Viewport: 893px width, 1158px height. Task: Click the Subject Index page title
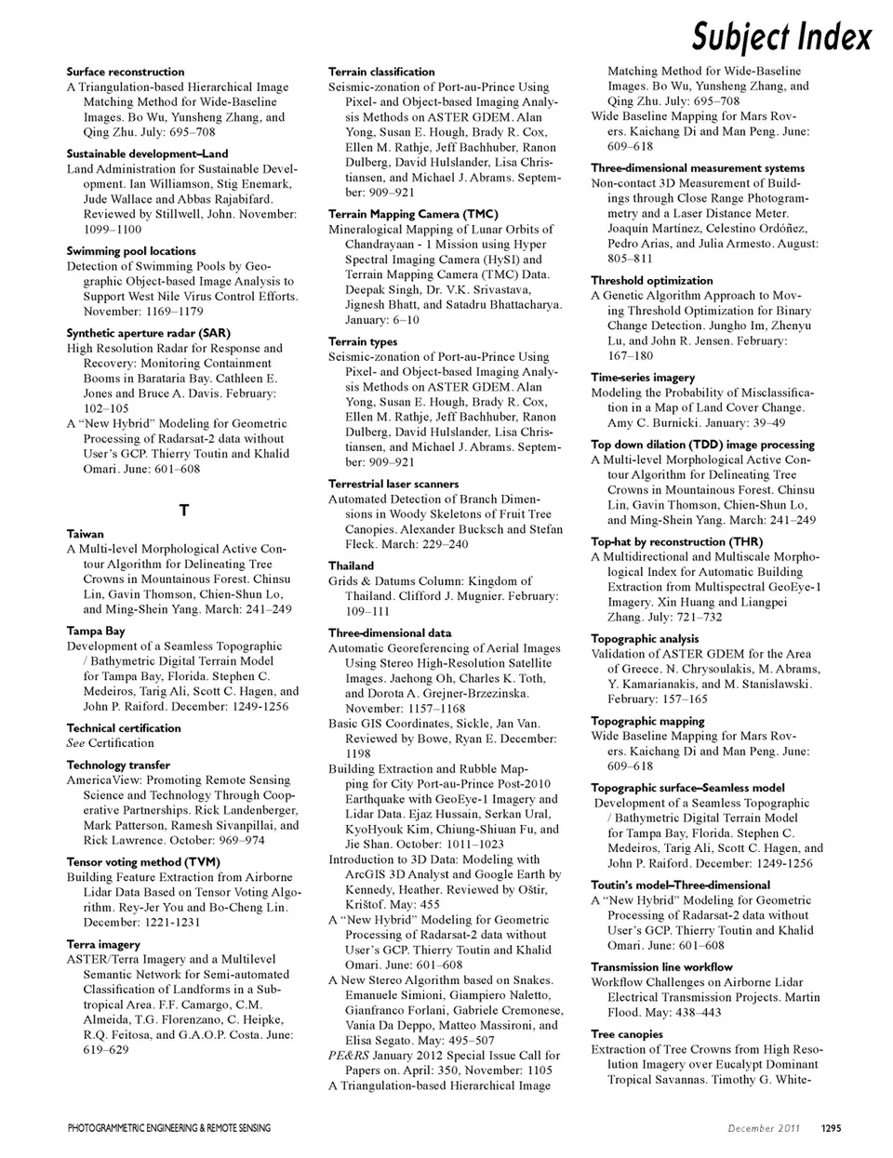click(781, 37)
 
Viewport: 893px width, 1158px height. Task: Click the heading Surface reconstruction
click(126, 72)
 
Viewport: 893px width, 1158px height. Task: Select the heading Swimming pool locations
click(131, 251)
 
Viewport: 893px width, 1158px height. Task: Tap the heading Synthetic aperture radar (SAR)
click(149, 333)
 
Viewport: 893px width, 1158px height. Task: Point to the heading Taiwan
click(86, 534)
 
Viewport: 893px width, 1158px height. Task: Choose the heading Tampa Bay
click(96, 631)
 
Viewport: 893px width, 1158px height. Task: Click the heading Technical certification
click(124, 728)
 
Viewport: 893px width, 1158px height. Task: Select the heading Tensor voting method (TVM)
click(143, 862)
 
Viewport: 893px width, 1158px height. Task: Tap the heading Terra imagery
click(104, 944)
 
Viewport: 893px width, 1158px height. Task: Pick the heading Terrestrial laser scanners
click(393, 484)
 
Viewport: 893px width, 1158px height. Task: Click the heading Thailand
click(352, 566)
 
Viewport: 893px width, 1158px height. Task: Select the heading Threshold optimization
click(652, 280)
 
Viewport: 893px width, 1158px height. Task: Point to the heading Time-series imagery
click(643, 378)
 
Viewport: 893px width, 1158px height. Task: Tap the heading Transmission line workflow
click(661, 966)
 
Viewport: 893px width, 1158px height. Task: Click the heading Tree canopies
click(627, 1034)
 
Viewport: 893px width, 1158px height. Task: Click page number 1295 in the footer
click(831, 1128)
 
